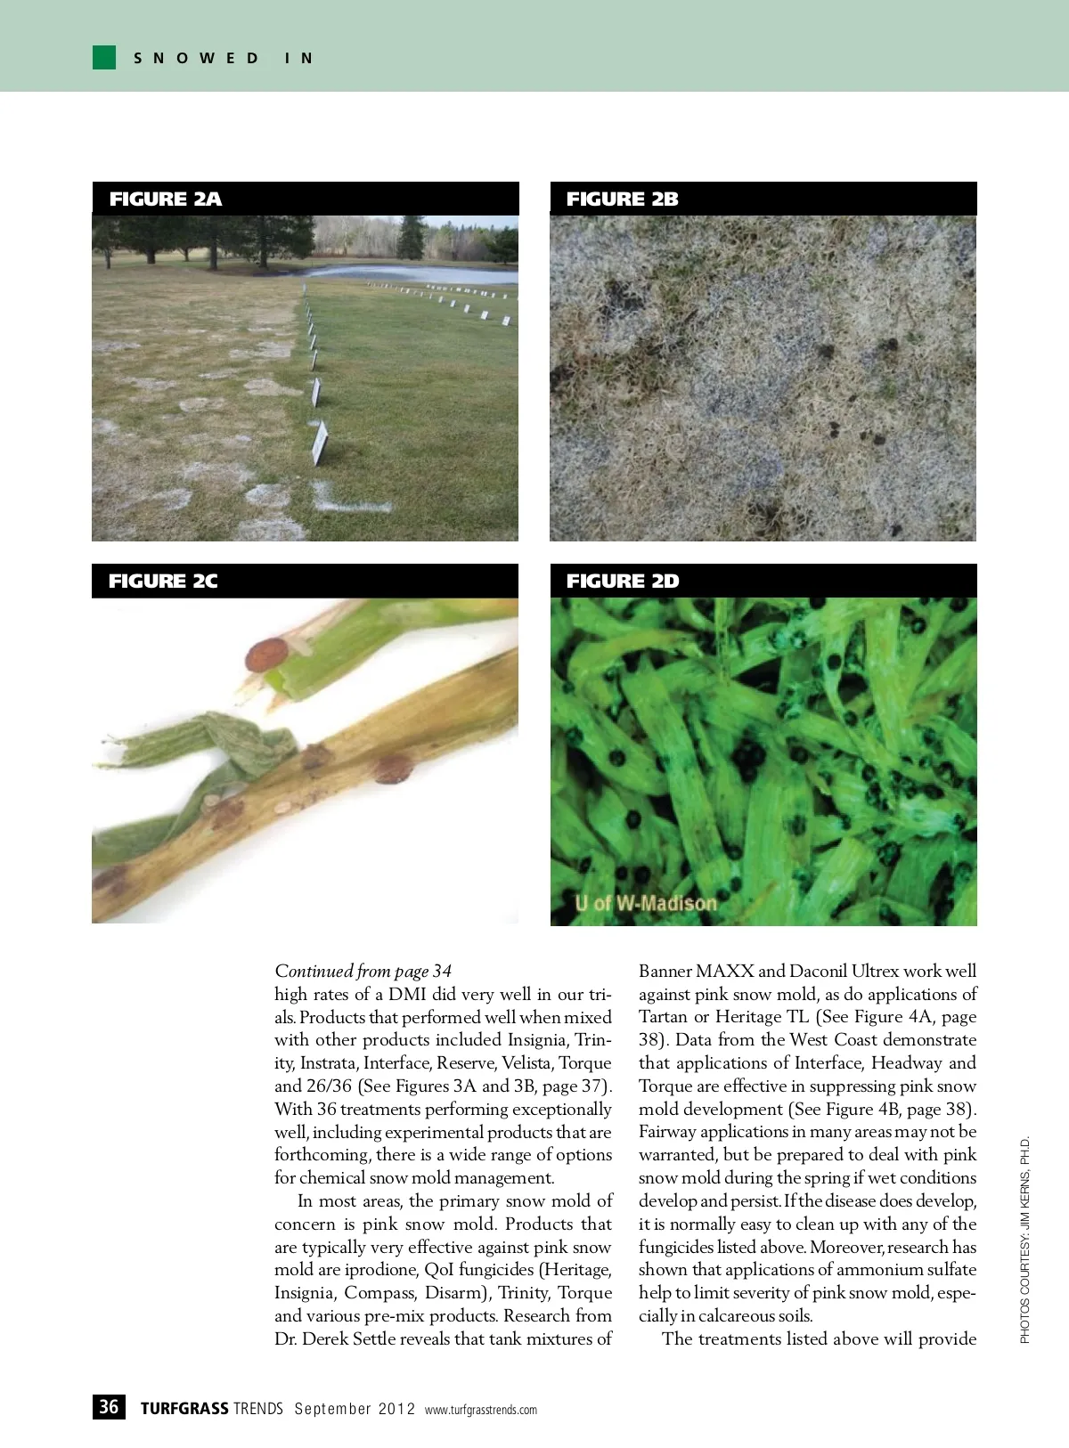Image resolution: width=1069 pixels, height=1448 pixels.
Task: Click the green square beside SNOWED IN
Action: (104, 58)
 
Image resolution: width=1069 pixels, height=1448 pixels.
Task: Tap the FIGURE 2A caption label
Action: (165, 199)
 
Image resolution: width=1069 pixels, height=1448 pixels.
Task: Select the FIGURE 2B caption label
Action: (622, 199)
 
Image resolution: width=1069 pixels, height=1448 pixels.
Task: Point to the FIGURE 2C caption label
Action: (163, 581)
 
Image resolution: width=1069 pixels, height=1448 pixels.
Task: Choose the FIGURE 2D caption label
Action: (622, 581)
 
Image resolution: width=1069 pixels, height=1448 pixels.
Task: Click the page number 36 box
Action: (109, 1407)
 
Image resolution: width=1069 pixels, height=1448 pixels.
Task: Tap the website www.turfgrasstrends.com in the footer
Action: (481, 1410)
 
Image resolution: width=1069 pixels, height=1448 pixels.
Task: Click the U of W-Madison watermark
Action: (646, 903)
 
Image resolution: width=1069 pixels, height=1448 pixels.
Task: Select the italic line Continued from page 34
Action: (363, 971)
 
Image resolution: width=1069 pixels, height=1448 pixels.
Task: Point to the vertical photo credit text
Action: (1024, 1239)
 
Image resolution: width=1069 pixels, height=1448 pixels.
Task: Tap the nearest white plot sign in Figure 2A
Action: (319, 442)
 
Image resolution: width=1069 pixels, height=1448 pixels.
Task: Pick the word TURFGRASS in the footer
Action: (184, 1408)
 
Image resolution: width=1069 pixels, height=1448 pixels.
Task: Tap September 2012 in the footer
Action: (355, 1409)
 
